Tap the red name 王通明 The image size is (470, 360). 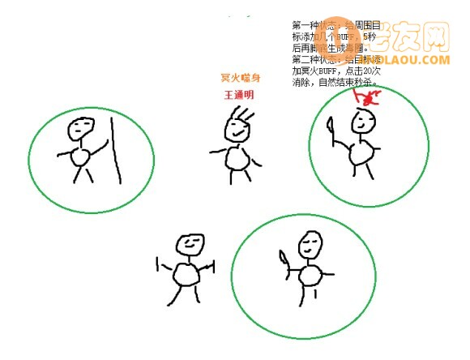tap(239, 95)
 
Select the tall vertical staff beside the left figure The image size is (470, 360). tap(114, 149)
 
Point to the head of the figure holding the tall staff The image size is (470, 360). tap(79, 126)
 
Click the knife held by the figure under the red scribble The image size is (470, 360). tap(331, 126)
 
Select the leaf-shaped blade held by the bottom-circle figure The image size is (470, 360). tap(282, 259)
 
